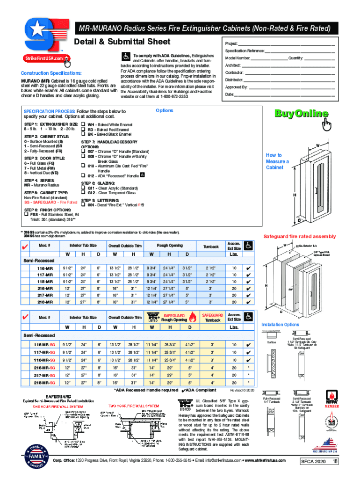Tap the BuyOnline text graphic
[x=301, y=114]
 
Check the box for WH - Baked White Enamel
[x=84, y=124]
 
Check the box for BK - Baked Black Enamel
[x=84, y=134]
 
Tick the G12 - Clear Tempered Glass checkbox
[x=84, y=193]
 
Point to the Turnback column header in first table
[x=211, y=246]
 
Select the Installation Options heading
[x=280, y=324]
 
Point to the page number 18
[x=335, y=461]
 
